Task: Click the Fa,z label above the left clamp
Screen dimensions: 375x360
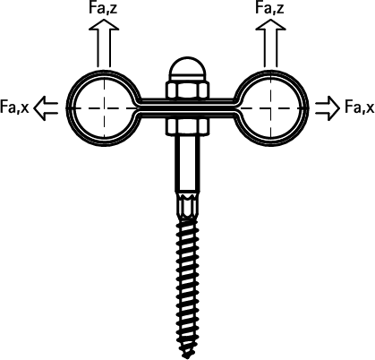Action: tap(103, 8)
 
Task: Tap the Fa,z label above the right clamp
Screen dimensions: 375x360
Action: tap(269, 8)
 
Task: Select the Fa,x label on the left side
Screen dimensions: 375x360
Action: tap(14, 107)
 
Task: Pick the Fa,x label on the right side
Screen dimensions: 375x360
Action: tap(360, 107)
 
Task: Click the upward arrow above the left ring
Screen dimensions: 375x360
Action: tap(104, 43)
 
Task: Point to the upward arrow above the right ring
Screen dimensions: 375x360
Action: tap(270, 43)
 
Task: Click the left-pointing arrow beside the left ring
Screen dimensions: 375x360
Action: tap(46, 108)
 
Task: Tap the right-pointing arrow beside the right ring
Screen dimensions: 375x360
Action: tap(328, 108)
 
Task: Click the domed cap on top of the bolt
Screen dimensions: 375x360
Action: tap(187, 69)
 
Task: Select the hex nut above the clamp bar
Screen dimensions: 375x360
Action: tap(187, 90)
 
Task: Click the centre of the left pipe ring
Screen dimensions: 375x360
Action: tap(104, 108)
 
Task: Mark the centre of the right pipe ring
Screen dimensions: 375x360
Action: tap(271, 108)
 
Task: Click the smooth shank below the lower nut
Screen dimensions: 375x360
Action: tap(187, 164)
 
